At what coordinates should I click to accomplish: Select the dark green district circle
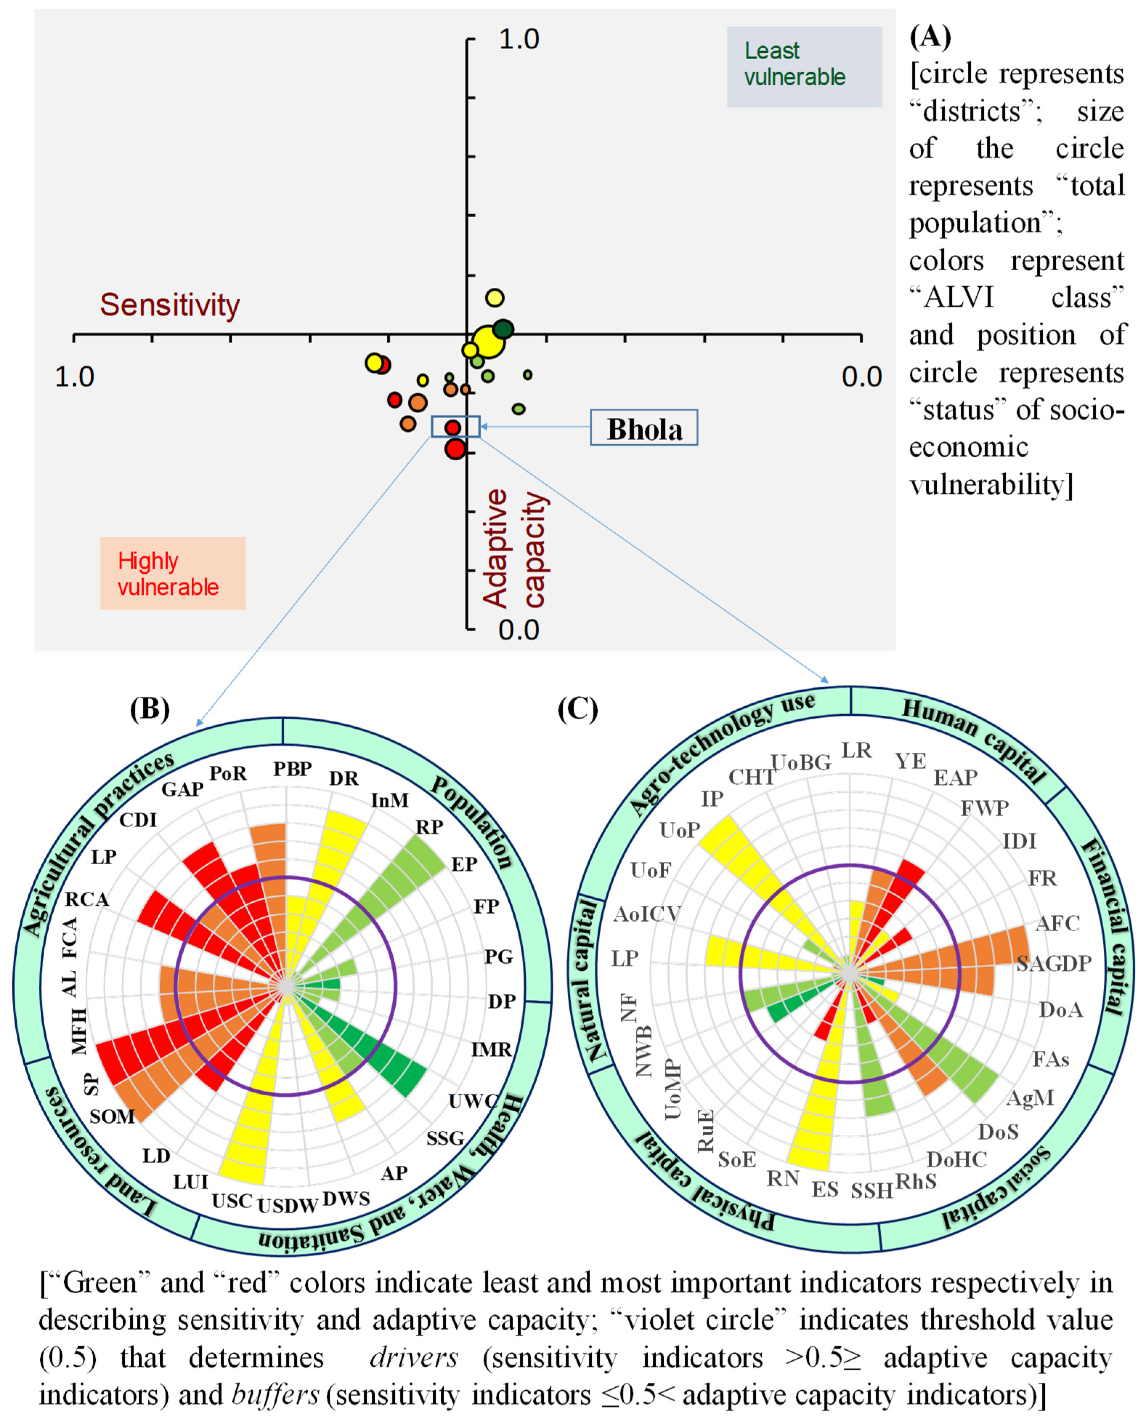pos(503,329)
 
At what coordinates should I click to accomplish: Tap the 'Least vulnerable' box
pos(804,66)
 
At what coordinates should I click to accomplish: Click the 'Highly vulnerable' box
pos(172,573)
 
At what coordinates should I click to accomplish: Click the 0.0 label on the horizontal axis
pos(861,377)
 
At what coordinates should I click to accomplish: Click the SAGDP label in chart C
pos(1054,963)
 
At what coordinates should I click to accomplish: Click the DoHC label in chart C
pos(956,1159)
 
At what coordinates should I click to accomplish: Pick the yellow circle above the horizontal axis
pos(494,298)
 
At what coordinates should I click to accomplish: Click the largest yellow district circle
pos(489,341)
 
